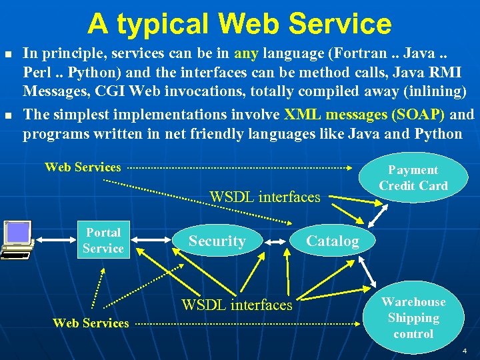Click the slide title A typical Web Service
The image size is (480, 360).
239,24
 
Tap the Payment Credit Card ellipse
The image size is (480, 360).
413,178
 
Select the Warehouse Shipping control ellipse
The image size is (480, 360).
413,318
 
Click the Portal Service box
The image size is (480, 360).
103,241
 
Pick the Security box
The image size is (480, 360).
217,241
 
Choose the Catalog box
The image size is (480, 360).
332,241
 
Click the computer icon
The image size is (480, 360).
17,239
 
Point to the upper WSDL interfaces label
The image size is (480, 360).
265,197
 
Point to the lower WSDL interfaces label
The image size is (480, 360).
237,305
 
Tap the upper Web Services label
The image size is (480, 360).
83,167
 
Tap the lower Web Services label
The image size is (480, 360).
91,323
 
